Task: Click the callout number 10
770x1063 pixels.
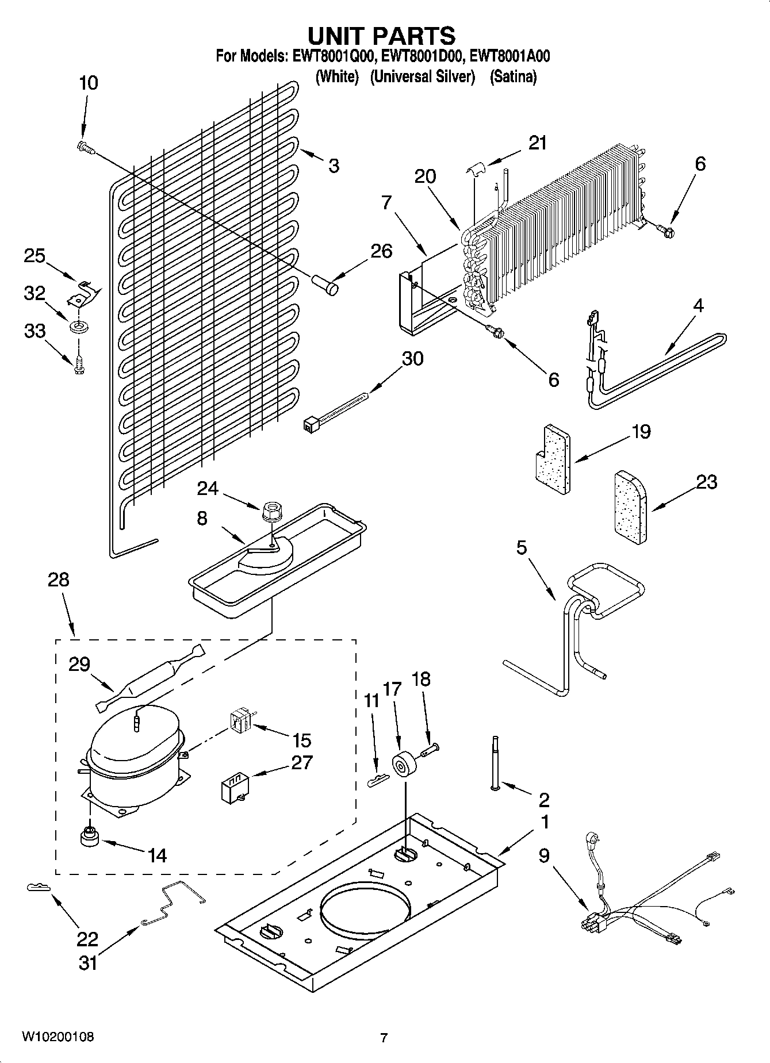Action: pyautogui.click(x=88, y=83)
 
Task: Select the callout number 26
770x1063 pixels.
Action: pyautogui.click(x=381, y=251)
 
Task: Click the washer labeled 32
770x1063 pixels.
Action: pyautogui.click(x=76, y=328)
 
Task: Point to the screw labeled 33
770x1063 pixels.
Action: pyautogui.click(x=79, y=366)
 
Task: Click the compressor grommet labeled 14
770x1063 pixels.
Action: pyautogui.click(x=90, y=837)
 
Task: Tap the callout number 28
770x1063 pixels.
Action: pyautogui.click(x=59, y=580)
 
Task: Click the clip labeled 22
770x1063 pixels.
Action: pyautogui.click(x=39, y=888)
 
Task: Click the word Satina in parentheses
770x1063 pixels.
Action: pyautogui.click(x=513, y=76)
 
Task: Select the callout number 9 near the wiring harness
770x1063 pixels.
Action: pyautogui.click(x=544, y=856)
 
